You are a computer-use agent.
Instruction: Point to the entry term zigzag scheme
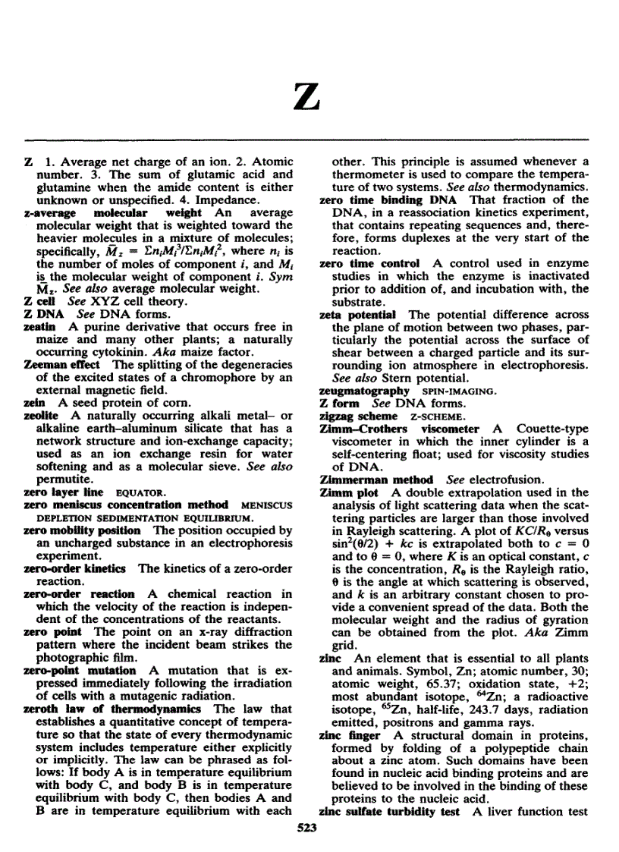359,416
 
